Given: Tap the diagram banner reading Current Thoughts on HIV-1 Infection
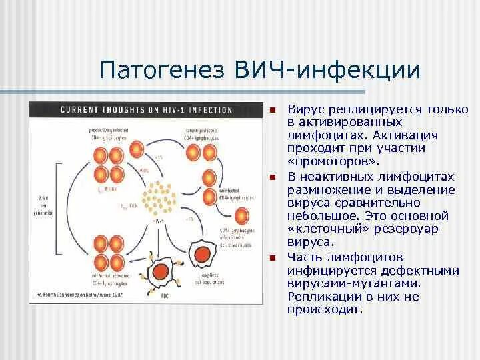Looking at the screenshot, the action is (147, 109).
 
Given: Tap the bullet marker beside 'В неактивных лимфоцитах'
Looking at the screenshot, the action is (273, 178).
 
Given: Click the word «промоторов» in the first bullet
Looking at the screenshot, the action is (324, 162).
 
